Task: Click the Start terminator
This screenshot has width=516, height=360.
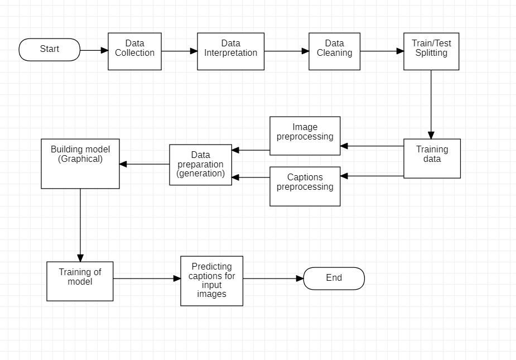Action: (x=50, y=50)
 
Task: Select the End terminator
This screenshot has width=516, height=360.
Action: (x=334, y=279)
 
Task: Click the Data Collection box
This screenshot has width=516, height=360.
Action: (x=134, y=51)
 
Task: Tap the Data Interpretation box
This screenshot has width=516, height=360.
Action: (x=230, y=51)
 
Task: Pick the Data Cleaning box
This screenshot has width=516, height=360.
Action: (x=334, y=51)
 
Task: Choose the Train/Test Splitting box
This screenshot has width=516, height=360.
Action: (x=431, y=51)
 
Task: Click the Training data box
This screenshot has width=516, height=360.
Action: (x=432, y=159)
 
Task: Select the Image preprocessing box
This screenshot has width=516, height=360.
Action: (x=305, y=136)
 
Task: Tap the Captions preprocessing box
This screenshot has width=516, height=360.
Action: (x=305, y=186)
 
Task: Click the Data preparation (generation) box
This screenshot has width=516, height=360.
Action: (x=200, y=165)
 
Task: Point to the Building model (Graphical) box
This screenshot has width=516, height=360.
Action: (x=80, y=164)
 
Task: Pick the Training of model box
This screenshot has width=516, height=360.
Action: (x=80, y=281)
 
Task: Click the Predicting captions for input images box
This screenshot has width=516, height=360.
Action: (x=211, y=281)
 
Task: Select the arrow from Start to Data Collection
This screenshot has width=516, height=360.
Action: (x=94, y=50)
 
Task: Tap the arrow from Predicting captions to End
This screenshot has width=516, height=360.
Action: (x=273, y=279)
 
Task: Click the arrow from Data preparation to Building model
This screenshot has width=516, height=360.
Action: (x=144, y=164)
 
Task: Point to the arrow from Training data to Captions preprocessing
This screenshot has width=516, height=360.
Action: (x=372, y=176)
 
